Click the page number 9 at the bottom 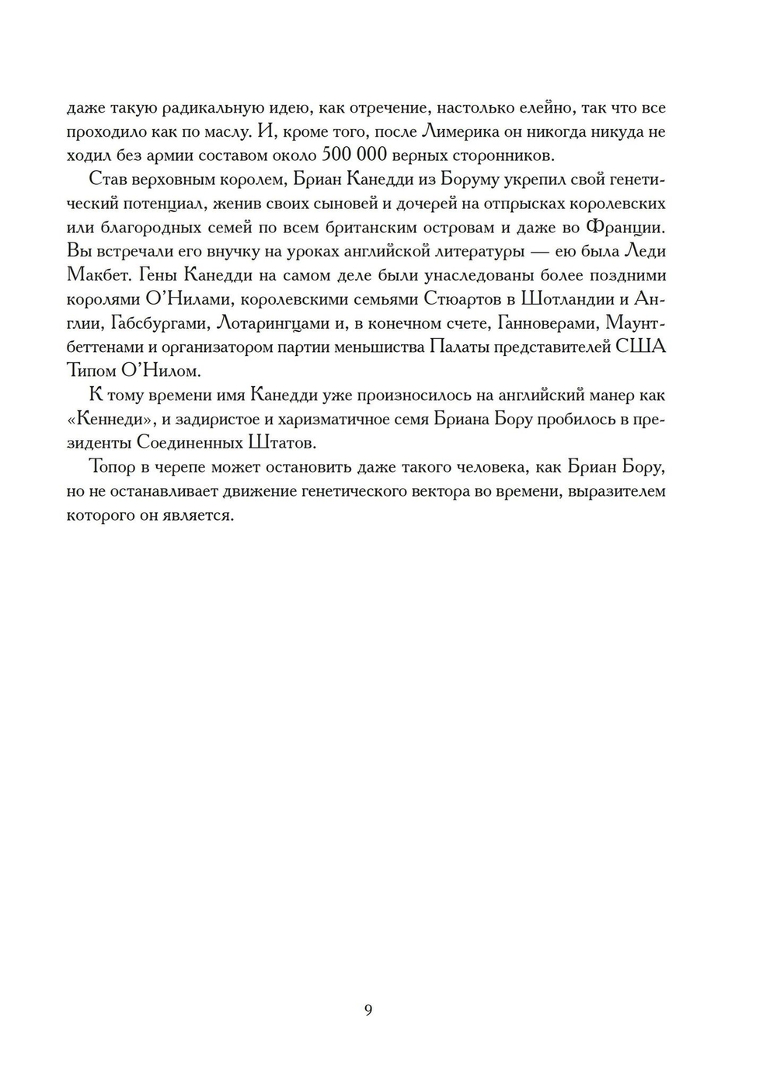pos(368,1010)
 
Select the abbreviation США pos(641,347)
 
